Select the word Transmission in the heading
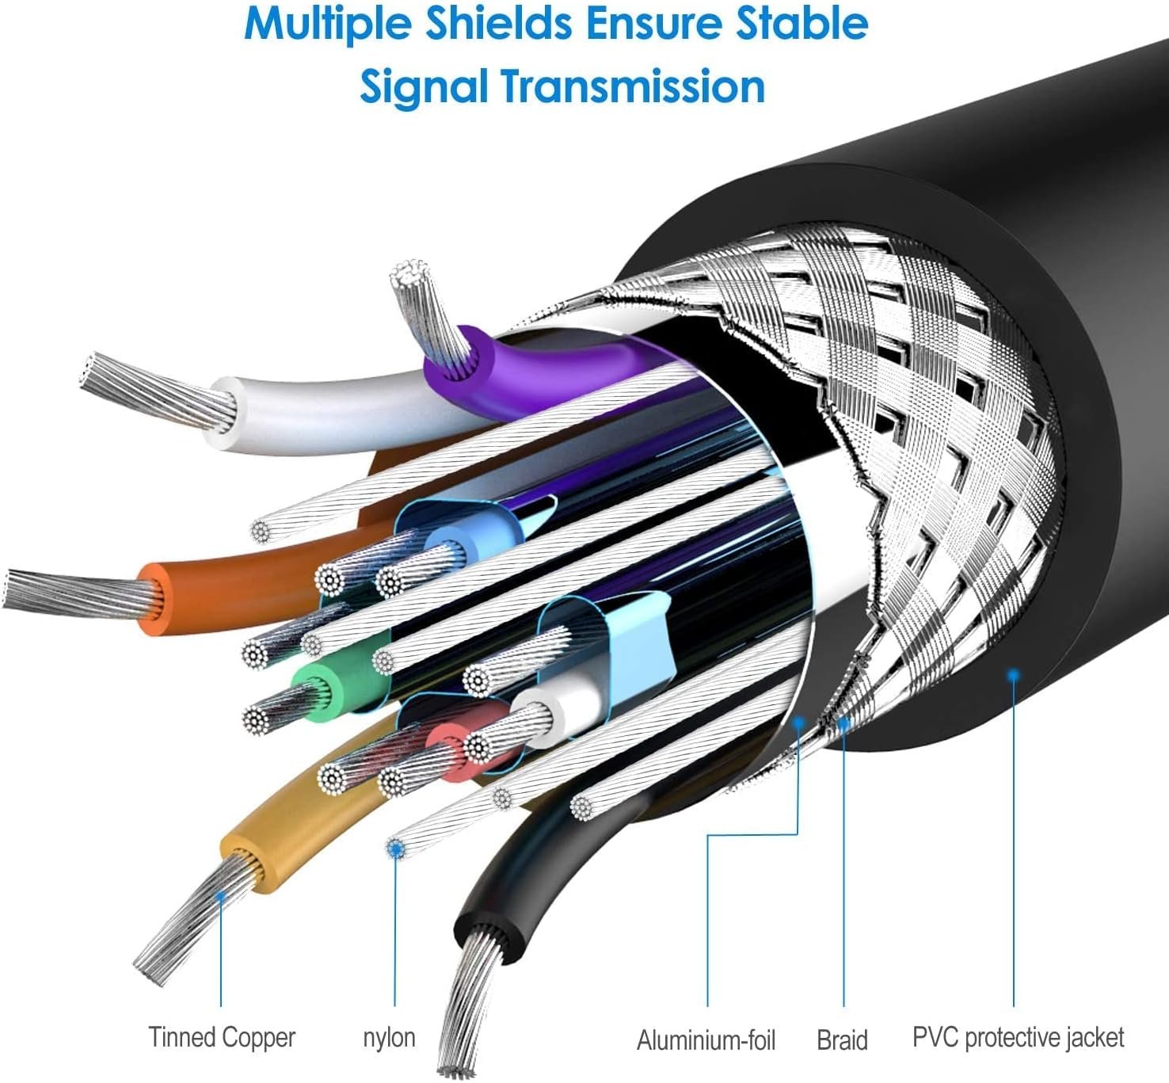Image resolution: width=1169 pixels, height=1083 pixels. tap(633, 86)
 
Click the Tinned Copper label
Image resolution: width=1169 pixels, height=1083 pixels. tap(222, 1037)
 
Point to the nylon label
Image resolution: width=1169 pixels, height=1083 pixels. tap(389, 1038)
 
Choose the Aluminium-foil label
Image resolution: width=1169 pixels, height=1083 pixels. tap(706, 1039)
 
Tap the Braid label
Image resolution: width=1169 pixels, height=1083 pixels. tap(842, 1039)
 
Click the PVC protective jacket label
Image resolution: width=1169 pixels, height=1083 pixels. tap(1018, 1037)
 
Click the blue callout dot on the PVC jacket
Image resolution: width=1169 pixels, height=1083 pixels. tap(1013, 674)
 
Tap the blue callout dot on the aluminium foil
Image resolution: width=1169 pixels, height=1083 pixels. tap(798, 723)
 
